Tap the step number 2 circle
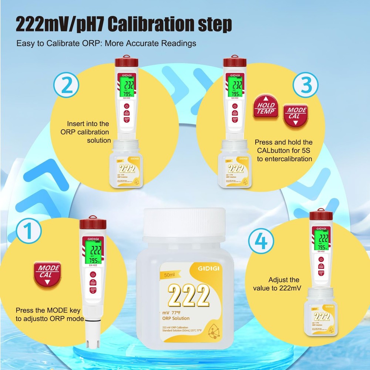(x=67, y=85)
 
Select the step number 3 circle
(x=305, y=85)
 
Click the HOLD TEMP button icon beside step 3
(x=266, y=107)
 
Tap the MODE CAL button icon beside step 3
(x=296, y=115)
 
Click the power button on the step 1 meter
(x=92, y=275)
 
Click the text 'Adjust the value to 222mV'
(x=284, y=284)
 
